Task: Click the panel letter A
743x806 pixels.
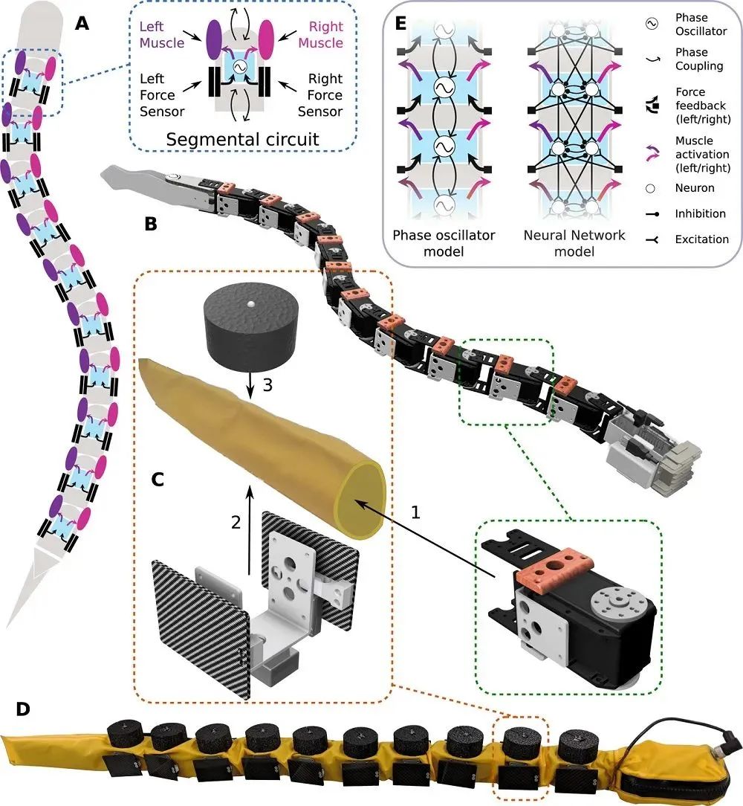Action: [x=83, y=25]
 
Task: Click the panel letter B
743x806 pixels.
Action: [x=152, y=222]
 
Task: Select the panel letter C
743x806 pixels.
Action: [x=158, y=478]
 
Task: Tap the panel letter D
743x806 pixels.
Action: [x=23, y=708]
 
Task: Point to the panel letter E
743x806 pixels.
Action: [x=402, y=25]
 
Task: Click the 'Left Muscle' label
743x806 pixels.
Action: [x=161, y=33]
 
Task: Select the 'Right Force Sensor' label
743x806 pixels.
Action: [x=320, y=95]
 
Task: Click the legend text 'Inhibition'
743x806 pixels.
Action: [x=699, y=214]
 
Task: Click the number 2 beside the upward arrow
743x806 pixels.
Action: [x=236, y=522]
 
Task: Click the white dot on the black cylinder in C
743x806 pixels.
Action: [x=250, y=304]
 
